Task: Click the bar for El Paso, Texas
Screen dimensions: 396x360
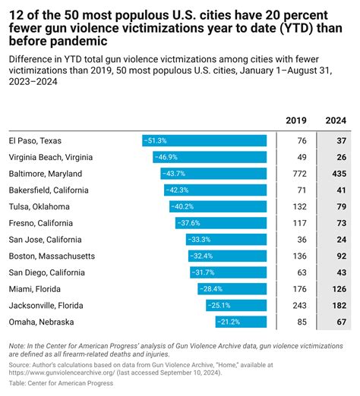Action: pos(204,140)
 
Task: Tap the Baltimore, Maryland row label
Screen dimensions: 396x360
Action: pos(46,174)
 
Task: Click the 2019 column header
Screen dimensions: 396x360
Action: pos(295,121)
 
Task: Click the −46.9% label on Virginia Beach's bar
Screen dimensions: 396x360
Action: pos(166,157)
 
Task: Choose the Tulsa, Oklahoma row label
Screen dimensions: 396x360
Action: pos(39,206)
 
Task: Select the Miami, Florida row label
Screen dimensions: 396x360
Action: pos(33,288)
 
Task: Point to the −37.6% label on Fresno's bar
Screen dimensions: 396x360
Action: pos(188,223)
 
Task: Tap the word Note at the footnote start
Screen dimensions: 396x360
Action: pos(16,345)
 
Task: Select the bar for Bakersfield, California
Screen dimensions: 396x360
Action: pos(216,190)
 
